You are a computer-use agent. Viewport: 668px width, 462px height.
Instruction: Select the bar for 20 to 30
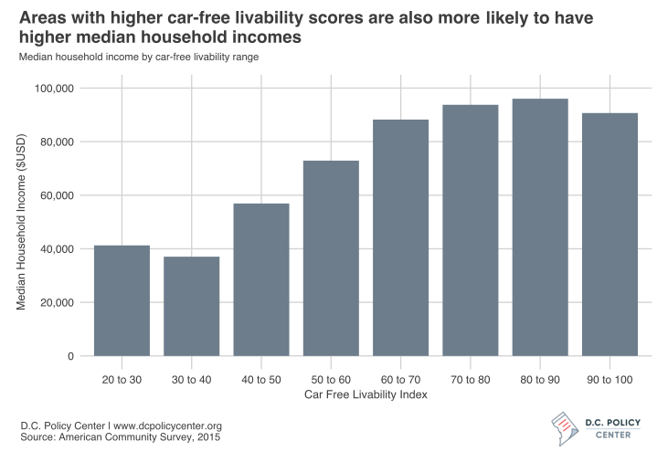122,300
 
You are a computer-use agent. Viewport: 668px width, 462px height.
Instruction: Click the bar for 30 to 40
192,306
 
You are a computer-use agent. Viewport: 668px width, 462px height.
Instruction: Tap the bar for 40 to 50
261,279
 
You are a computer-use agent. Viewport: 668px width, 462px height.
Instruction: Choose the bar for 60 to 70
400,237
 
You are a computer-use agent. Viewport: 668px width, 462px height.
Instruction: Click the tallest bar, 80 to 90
540,227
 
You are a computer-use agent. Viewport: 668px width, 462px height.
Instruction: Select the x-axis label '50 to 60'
331,378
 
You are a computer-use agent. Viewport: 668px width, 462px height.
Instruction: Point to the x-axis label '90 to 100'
610,378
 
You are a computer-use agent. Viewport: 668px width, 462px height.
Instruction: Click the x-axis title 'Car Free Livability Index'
366,394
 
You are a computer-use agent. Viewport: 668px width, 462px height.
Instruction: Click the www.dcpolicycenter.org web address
167,426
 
